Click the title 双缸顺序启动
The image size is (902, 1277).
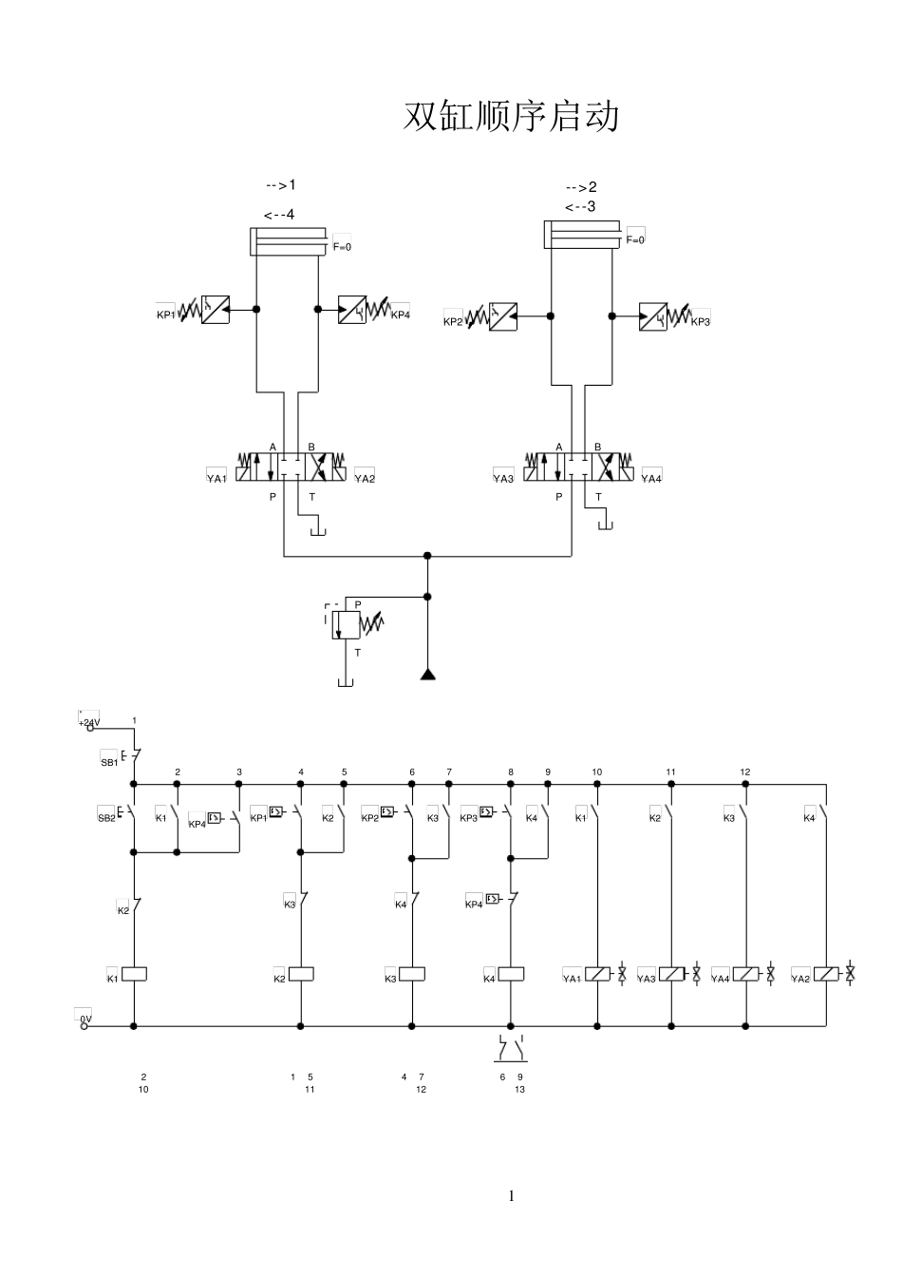512,117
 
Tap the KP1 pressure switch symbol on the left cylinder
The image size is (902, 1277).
216,309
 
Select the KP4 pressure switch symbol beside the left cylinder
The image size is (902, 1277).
352,309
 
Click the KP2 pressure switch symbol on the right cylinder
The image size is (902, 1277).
503,316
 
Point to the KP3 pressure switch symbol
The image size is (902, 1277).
653,316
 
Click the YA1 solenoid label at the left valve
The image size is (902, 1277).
217,478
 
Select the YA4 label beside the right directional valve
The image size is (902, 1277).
651,478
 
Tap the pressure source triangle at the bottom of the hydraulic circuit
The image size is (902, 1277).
427,676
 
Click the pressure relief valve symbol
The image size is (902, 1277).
346,624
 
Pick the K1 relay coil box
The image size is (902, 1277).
135,974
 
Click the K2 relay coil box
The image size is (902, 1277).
301,974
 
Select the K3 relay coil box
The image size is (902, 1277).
412,974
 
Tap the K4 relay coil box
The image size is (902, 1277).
511,974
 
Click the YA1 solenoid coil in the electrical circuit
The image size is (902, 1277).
597,974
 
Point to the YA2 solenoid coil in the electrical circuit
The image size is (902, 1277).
826,974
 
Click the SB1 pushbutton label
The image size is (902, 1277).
108,762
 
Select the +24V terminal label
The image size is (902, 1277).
88,722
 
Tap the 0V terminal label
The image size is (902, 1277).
85,1019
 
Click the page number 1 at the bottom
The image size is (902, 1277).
512,1195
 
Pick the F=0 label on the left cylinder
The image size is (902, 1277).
342,247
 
